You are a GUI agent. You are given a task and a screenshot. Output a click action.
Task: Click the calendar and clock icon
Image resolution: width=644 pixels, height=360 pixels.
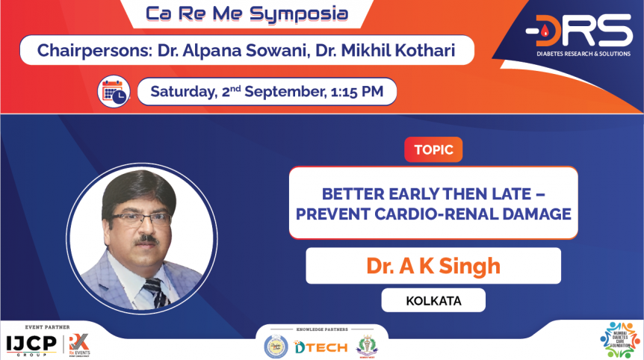114,91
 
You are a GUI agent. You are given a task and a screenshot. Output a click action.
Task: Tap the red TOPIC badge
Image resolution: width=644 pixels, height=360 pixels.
433,150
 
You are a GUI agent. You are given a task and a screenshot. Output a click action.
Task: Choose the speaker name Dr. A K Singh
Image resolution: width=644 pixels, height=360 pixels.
433,266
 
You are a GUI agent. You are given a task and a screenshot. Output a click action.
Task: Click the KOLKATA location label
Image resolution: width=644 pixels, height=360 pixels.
433,301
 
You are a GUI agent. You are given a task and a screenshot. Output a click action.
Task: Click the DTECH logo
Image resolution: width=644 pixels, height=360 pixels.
321,347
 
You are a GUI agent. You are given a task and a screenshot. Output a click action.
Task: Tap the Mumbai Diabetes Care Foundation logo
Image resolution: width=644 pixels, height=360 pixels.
619,341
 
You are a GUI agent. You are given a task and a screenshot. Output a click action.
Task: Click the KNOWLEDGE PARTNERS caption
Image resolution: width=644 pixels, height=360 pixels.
321,329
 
